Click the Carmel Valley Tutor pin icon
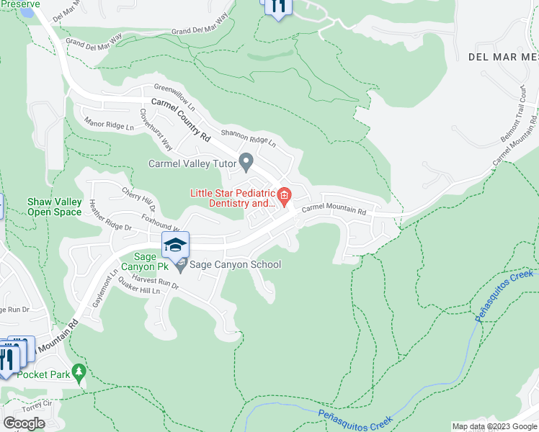point(246,163)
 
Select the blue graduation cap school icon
point(175,245)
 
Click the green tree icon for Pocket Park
point(79,374)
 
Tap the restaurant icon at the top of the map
point(277,6)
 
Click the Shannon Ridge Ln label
point(249,137)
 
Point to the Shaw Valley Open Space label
point(54,207)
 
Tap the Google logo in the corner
point(24,423)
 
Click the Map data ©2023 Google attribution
point(494,426)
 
